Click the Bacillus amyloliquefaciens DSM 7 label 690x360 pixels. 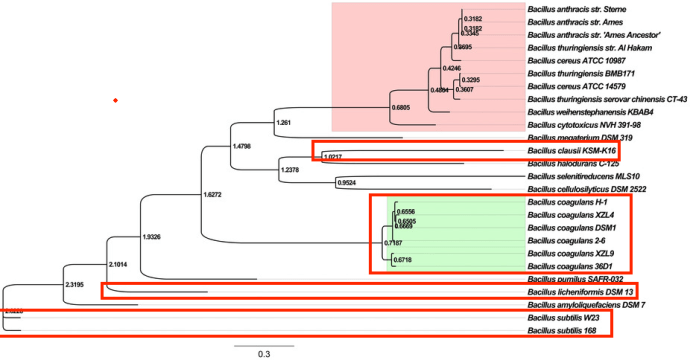[x=588, y=304]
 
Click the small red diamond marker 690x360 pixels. [x=116, y=101]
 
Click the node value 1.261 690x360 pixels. [x=283, y=123]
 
